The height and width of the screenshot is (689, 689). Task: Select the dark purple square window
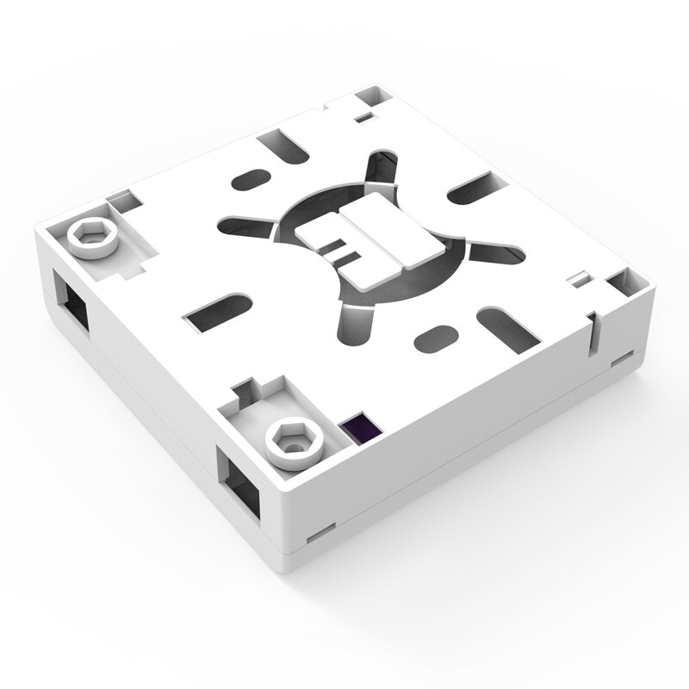[360, 425]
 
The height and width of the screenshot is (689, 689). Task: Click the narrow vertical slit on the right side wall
[593, 335]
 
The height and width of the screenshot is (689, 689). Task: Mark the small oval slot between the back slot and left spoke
[251, 182]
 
